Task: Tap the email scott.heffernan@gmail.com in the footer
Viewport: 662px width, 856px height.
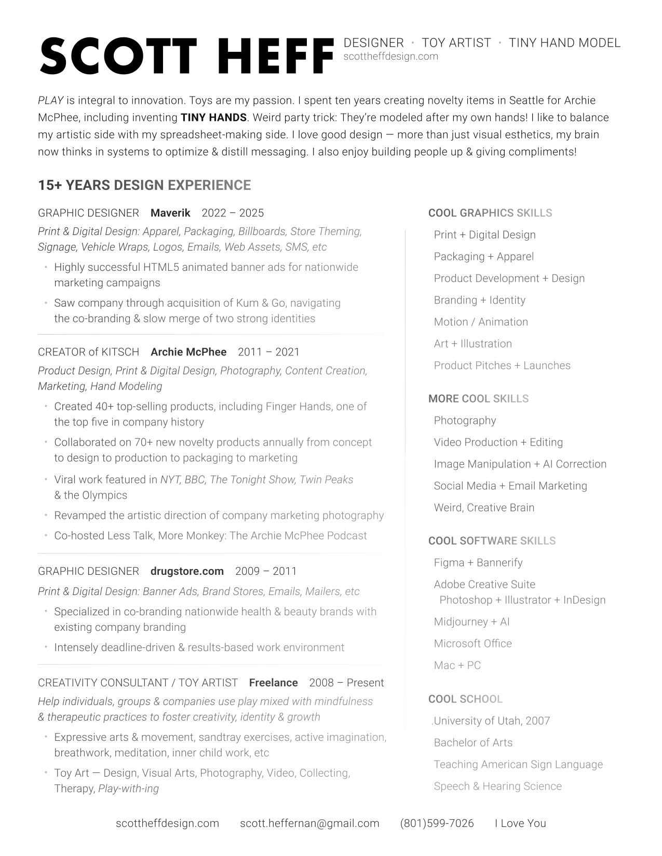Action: coord(309,823)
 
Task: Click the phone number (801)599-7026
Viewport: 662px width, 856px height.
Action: coord(437,823)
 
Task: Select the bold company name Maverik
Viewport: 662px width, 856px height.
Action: coord(170,213)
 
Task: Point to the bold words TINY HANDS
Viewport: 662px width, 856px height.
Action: coord(213,118)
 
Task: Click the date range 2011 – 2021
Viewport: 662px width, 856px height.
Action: coord(268,352)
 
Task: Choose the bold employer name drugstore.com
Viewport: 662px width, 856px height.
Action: coord(187,571)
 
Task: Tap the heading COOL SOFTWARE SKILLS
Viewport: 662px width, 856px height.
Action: coord(492,541)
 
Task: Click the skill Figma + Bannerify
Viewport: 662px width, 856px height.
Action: coord(478,563)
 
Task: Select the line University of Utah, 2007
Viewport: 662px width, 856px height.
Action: coord(491,721)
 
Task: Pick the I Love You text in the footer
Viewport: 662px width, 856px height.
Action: coord(520,823)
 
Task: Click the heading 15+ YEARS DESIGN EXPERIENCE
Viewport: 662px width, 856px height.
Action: coord(144,185)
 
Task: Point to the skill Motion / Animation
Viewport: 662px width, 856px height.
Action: coord(481,322)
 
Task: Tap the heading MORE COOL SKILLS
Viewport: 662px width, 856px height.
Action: coord(478,399)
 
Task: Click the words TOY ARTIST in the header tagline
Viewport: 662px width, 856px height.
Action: coord(456,43)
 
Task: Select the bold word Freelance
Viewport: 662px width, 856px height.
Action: coord(273,683)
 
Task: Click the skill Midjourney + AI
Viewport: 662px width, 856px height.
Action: coord(471,622)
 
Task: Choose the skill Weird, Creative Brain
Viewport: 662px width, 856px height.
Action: coord(484,508)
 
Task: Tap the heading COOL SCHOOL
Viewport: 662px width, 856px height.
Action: coord(465,699)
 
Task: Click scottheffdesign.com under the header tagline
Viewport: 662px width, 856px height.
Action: coord(391,57)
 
